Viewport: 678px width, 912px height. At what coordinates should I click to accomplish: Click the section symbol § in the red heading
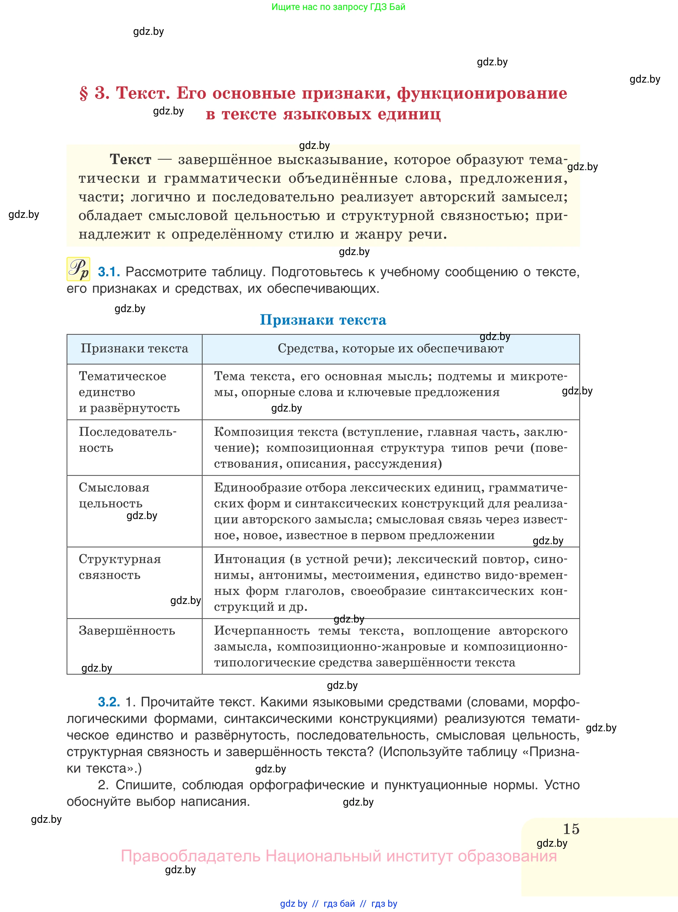point(84,94)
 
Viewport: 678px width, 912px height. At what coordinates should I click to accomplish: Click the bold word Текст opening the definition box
point(130,159)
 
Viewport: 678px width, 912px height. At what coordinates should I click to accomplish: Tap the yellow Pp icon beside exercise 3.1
point(78,269)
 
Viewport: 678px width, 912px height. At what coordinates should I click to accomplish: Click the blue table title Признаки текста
point(323,320)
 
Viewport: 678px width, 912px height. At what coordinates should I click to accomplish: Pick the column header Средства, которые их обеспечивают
point(390,348)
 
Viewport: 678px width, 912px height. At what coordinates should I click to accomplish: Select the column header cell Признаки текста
point(134,348)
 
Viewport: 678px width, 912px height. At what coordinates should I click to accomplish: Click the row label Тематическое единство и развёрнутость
point(129,392)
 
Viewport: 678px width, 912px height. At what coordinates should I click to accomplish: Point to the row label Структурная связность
point(119,567)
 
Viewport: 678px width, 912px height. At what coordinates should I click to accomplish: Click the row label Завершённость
point(127,630)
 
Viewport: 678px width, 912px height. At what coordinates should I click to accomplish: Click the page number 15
point(570,829)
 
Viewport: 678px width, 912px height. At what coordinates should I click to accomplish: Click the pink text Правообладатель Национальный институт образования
point(339,856)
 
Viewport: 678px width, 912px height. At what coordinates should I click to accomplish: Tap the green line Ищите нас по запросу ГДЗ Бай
point(338,7)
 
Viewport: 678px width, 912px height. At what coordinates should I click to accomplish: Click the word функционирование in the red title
point(482,94)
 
